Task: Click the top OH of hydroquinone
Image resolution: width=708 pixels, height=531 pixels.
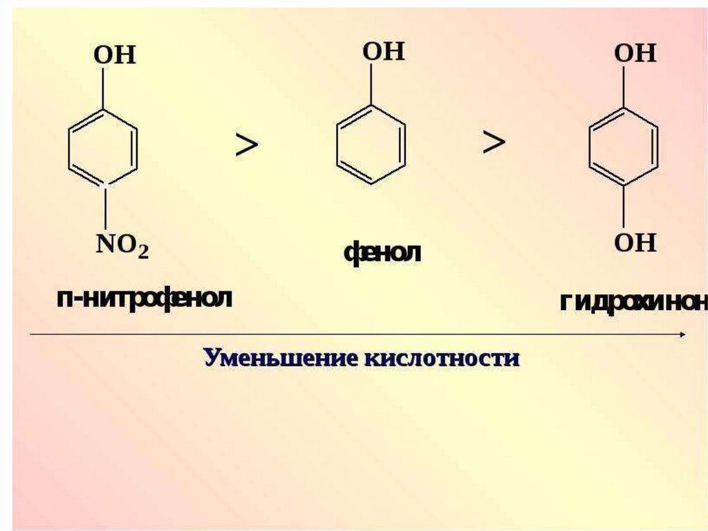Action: [635, 53]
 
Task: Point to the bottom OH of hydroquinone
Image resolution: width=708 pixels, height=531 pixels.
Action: [635, 242]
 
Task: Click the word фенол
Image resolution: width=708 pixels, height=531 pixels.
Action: [382, 253]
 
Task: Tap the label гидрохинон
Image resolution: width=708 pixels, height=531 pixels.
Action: [633, 303]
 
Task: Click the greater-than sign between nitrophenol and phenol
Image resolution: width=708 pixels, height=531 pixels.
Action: [247, 145]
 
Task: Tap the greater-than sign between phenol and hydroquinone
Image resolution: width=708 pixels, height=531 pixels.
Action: [494, 143]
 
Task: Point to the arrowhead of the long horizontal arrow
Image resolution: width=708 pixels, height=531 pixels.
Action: [682, 334]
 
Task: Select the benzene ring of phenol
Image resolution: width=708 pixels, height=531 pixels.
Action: [371, 145]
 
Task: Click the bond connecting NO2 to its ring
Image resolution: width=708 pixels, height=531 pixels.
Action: [104, 208]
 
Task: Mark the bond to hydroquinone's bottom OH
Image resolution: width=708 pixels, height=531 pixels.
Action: [624, 205]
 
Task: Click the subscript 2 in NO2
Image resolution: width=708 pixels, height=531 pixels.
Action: [143, 252]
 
